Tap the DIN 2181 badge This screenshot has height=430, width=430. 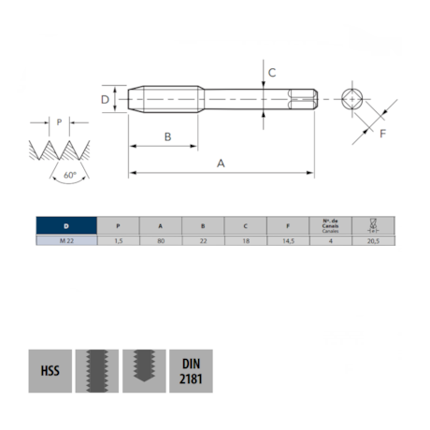191,372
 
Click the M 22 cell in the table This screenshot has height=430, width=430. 65,241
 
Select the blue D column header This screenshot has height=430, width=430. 65,225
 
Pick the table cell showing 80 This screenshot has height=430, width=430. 161,241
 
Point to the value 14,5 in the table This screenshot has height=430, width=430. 288,241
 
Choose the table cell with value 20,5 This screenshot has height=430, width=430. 373,241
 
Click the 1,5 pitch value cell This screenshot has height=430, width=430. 118,241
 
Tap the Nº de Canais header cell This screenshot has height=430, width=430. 330,225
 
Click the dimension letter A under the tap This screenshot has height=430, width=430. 222,163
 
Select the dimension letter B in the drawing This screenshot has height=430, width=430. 167,136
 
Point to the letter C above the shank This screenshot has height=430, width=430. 271,72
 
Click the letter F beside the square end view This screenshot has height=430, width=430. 384,134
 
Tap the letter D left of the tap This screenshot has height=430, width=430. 105,98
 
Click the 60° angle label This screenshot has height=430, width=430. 69,175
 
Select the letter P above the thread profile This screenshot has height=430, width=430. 59,122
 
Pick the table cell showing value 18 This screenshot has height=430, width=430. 245,241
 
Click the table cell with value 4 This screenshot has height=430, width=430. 330,241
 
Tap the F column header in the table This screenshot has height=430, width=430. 288,225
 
